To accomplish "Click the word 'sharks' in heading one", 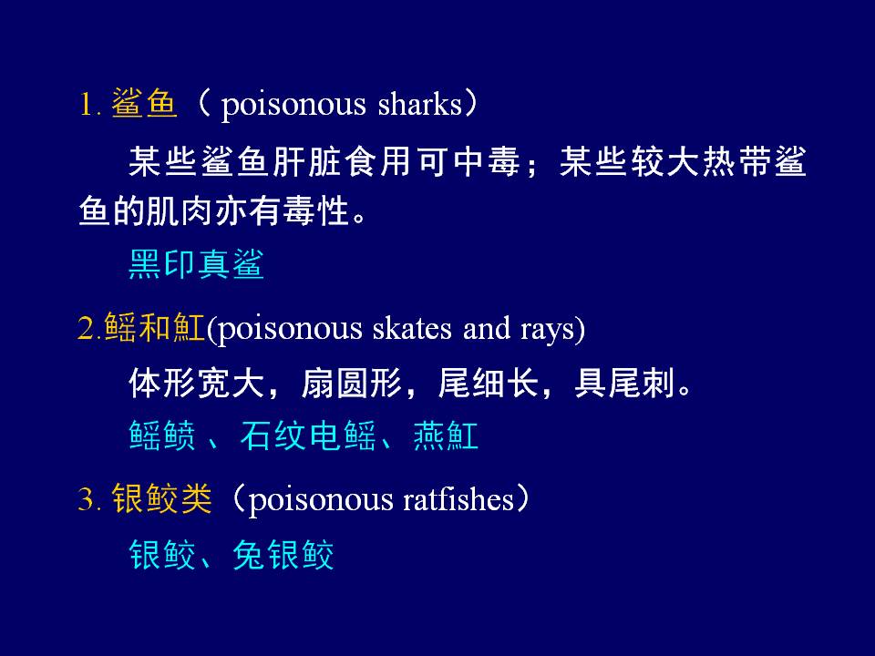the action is pyautogui.click(x=419, y=104).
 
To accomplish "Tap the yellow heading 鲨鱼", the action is pyautogui.click(x=144, y=103).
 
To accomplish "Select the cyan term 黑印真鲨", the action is pyautogui.click(x=196, y=264).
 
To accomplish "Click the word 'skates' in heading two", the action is pyautogui.click(x=412, y=328).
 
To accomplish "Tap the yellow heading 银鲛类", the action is pyautogui.click(x=162, y=498).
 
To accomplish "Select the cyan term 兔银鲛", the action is pyautogui.click(x=283, y=555).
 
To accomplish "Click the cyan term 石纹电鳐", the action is pyautogui.click(x=308, y=436).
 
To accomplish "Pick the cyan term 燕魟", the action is pyautogui.click(x=446, y=436).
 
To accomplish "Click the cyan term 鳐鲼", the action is pyautogui.click(x=162, y=436).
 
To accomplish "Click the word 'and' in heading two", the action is pyautogui.click(x=487, y=328).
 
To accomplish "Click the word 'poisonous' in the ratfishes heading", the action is pyautogui.click(x=320, y=500).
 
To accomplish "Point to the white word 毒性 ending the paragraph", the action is pyautogui.click(x=315, y=212).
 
